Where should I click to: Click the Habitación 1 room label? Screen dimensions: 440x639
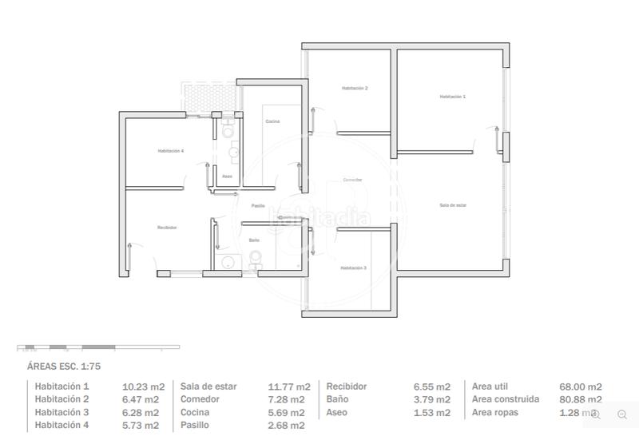tap(452, 96)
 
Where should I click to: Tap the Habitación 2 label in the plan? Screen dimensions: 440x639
tap(354, 88)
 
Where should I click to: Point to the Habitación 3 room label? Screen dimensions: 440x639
tap(353, 268)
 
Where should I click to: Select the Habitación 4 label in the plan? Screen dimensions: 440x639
tap(170, 151)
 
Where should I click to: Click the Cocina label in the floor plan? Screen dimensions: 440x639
tap(272, 121)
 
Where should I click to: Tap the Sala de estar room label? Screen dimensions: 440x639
tap(452, 205)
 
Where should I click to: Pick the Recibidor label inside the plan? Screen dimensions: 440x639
tap(166, 228)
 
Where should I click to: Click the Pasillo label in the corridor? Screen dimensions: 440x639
tap(258, 206)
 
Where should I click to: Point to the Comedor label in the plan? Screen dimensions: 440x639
tap(352, 180)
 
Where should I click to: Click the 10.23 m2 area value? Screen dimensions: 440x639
tap(143, 386)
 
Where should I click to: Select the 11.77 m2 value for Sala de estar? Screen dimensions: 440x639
tap(286, 386)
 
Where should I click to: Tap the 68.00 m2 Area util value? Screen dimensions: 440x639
tap(581, 386)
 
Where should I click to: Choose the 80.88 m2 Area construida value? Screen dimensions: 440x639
tap(581, 399)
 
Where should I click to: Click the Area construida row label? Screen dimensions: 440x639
tap(506, 399)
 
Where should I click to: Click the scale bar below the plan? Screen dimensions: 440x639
tap(97, 347)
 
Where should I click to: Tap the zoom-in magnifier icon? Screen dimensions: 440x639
tap(596, 414)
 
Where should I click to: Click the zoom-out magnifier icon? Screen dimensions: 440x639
tap(622, 414)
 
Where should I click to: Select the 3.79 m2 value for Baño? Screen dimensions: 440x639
tap(432, 399)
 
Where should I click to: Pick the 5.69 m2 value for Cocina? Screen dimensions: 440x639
tap(286, 412)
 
